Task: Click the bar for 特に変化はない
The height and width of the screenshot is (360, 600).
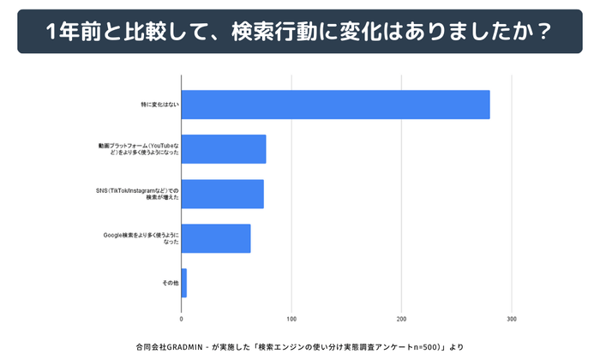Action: (335, 105)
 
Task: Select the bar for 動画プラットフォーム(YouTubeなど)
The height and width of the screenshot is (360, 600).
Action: (224, 149)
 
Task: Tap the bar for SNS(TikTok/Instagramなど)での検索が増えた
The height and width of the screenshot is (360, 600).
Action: (222, 194)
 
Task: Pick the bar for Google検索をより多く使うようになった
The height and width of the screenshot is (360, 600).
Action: (216, 238)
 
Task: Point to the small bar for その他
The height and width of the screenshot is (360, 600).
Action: (183, 283)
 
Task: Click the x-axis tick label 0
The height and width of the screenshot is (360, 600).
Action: (182, 320)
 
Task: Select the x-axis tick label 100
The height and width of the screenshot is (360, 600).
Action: (291, 320)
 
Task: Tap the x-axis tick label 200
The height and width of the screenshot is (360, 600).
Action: (401, 320)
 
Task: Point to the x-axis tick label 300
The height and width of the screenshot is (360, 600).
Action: (512, 320)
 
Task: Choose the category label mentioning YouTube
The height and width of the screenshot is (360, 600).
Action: (139, 149)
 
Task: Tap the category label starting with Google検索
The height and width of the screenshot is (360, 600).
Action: (141, 238)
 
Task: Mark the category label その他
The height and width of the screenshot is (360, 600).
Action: (170, 283)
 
